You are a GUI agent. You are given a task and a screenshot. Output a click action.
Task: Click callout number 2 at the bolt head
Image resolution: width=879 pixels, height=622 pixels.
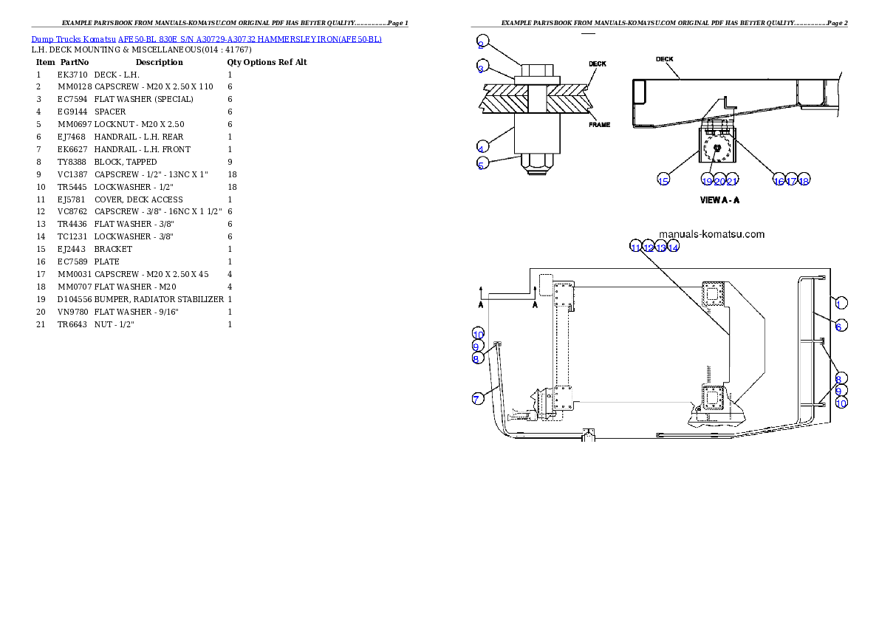click(x=481, y=40)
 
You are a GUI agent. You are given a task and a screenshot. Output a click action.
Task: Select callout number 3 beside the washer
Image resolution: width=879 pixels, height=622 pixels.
click(x=481, y=69)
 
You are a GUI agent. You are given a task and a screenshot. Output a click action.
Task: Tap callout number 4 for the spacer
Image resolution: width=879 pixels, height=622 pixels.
click(x=481, y=146)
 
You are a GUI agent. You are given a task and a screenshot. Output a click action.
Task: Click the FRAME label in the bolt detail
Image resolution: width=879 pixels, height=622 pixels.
click(x=599, y=125)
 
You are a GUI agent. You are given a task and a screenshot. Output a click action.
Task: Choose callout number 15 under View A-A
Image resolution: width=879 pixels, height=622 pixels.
click(x=663, y=181)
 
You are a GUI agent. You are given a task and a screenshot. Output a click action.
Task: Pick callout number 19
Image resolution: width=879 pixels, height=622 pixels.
click(x=707, y=181)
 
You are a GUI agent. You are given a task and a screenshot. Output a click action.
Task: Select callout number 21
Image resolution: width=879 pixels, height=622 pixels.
click(x=732, y=181)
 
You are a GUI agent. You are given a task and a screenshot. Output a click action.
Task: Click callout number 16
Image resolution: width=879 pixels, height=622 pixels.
click(x=779, y=181)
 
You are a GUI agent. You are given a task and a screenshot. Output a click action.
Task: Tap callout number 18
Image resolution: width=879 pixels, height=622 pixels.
click(x=804, y=181)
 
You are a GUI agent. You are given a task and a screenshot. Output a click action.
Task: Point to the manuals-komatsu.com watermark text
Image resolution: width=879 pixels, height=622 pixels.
click(x=711, y=234)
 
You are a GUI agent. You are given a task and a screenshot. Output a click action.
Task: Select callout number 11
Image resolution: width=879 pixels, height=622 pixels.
click(x=636, y=247)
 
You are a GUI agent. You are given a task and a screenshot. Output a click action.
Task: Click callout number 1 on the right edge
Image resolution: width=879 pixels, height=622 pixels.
click(x=841, y=302)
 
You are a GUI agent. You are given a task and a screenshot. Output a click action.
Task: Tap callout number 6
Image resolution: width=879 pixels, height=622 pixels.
click(x=841, y=326)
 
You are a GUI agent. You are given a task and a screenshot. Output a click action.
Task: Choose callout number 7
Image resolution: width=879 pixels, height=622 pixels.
click(x=478, y=399)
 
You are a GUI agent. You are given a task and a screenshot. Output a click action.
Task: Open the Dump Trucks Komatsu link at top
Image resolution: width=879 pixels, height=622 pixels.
click(x=207, y=38)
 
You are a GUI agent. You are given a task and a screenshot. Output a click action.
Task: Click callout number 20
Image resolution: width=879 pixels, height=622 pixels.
click(x=719, y=181)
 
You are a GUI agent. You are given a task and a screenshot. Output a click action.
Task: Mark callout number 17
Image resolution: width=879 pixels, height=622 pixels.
click(x=791, y=181)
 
